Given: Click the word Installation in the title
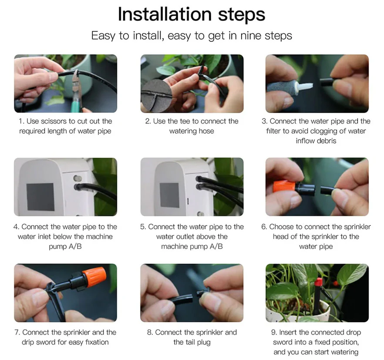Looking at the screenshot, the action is [165, 14].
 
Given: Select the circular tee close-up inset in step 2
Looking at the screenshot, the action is [156, 95].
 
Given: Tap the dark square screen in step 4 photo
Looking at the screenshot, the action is [40, 197].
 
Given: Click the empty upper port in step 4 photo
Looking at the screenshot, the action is [77, 178].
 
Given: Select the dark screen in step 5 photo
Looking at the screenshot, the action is [169, 195].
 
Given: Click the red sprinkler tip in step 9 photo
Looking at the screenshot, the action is [318, 282].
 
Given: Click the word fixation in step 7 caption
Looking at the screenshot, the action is [97, 342].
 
